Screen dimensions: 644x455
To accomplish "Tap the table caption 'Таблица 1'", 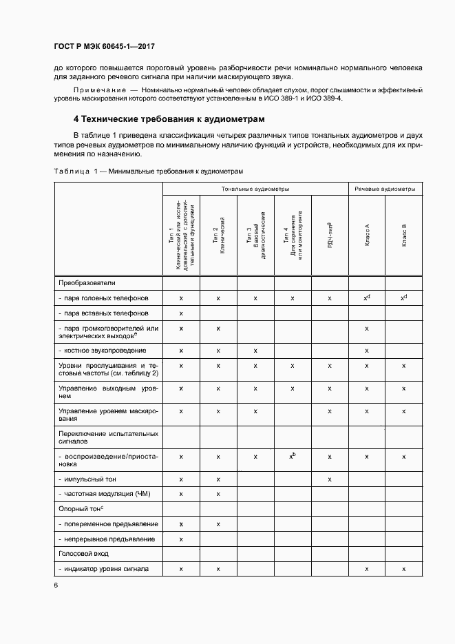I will click(x=72, y=170).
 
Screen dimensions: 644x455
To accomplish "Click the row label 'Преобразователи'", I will click(x=87, y=282).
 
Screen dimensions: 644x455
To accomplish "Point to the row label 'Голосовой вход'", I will click(x=84, y=554).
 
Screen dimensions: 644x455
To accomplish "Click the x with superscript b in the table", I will click(x=293, y=456).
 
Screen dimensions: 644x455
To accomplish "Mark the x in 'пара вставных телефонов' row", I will click(x=181, y=313).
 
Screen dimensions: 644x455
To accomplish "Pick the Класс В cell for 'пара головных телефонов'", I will click(x=404, y=298).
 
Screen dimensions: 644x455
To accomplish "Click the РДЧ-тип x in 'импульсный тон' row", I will click(x=330, y=479).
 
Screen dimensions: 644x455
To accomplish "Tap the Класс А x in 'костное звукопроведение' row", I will click(x=367, y=351).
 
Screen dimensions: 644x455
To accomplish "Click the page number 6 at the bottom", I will click(x=55, y=585).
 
